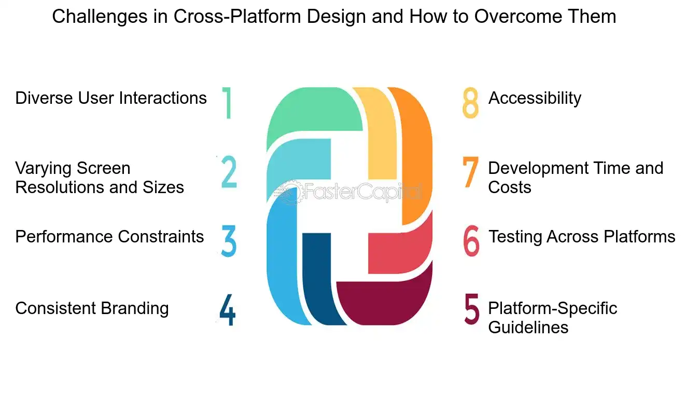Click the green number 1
pos(227,103)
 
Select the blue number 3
pos(229,240)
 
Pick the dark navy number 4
pos(227,310)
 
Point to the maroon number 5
pos(471,310)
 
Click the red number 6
pos(471,240)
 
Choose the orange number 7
pos(471,172)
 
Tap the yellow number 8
pos(470,103)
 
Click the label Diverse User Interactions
pos(111,98)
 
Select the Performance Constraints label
pos(109,237)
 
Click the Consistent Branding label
pos(92,308)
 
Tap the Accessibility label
pos(535,98)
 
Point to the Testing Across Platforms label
pos(582,237)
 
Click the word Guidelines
pos(528,328)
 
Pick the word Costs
pos(510,187)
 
